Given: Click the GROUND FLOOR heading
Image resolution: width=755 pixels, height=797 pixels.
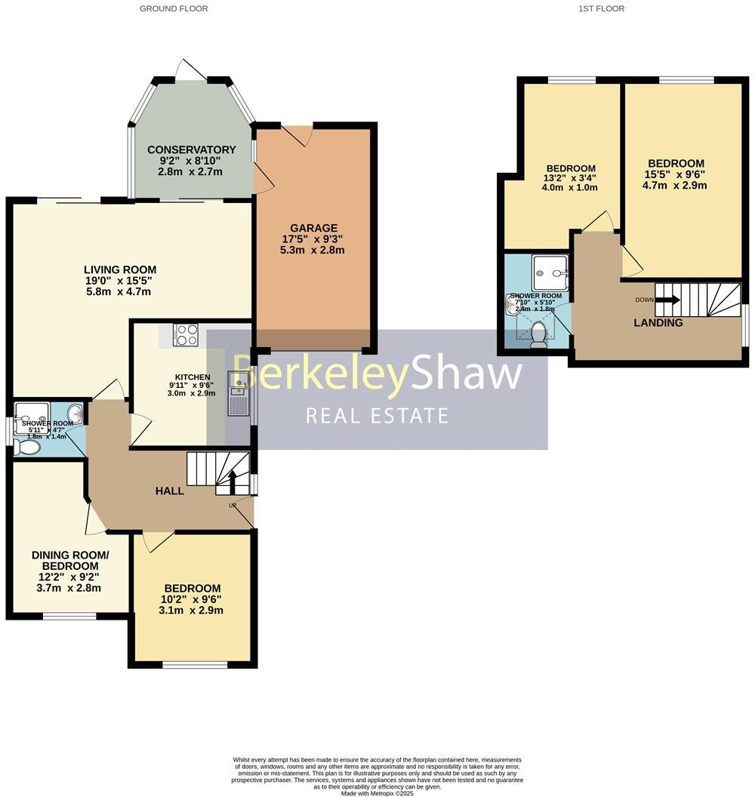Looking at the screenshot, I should point(174,8).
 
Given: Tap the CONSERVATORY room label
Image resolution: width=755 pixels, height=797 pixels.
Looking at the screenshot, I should point(192,149).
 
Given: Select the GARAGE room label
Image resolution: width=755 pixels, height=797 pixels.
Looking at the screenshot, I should point(314,228).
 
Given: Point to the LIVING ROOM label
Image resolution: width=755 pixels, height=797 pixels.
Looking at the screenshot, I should point(120,269).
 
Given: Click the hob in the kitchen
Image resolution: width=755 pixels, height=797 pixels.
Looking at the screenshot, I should point(186,334).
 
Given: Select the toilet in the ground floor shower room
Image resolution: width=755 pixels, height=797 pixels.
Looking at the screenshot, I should point(29,448).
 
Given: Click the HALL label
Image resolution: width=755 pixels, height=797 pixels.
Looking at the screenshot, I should point(170,491).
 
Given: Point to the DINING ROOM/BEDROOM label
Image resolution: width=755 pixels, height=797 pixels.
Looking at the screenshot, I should point(70,561).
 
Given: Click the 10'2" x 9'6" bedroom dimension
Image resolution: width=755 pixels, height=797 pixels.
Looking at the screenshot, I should point(193,600).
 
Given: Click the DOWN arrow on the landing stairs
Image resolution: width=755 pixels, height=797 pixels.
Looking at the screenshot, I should point(667,300).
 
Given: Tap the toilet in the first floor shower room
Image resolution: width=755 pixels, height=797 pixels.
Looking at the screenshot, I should point(538,336).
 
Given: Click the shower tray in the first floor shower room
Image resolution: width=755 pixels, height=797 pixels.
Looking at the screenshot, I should point(550,270).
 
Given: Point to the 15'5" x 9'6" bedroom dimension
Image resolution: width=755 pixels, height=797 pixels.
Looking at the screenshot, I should point(676,174).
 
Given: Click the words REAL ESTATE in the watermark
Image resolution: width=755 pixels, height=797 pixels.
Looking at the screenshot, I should point(377,415).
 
